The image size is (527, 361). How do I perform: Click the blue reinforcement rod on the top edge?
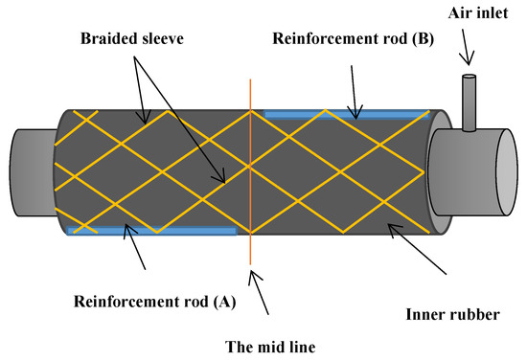point(345,114)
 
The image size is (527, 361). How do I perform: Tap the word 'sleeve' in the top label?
point(166,42)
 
